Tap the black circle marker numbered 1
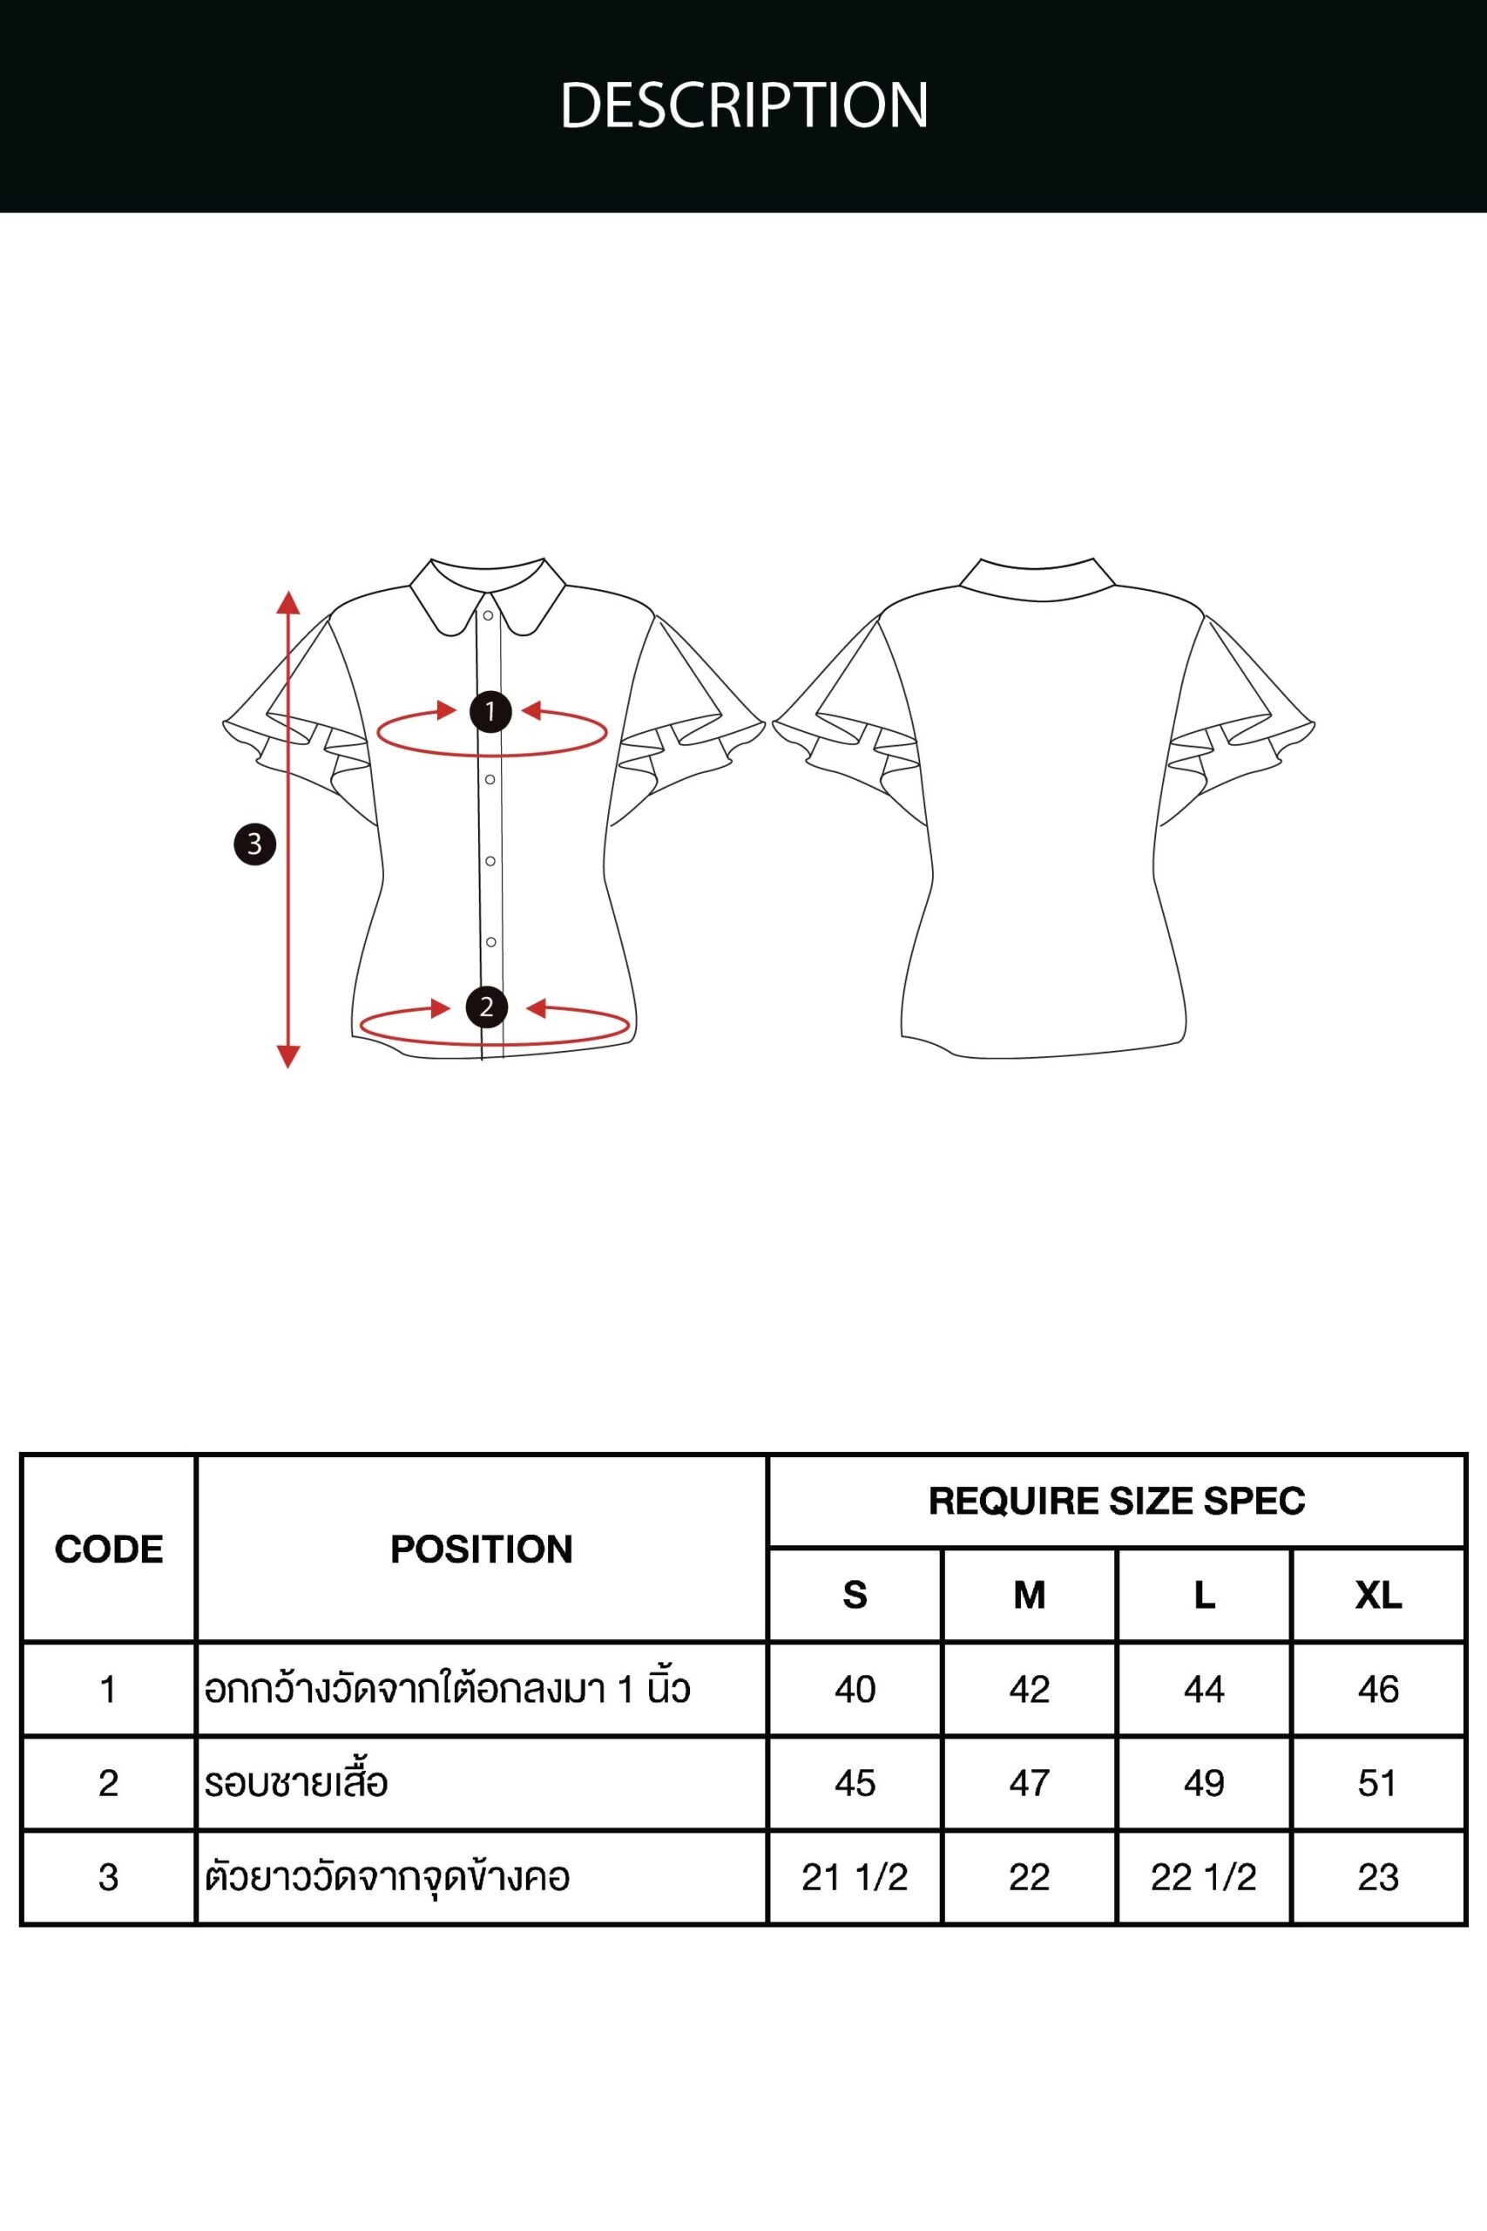click(490, 711)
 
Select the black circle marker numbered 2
click(486, 1007)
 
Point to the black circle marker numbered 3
click(254, 844)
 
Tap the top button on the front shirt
click(489, 615)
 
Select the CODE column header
click(109, 1549)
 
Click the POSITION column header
click(482, 1549)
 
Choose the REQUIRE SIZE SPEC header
click(1117, 1501)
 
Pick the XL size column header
click(1378, 1596)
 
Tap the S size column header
click(855, 1596)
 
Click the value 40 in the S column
click(855, 1690)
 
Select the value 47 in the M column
click(1029, 1783)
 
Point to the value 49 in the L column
click(1203, 1783)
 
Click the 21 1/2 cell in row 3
click(855, 1877)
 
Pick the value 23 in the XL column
click(1378, 1877)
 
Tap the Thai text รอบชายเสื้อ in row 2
click(296, 1782)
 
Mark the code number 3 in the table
click(108, 1877)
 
